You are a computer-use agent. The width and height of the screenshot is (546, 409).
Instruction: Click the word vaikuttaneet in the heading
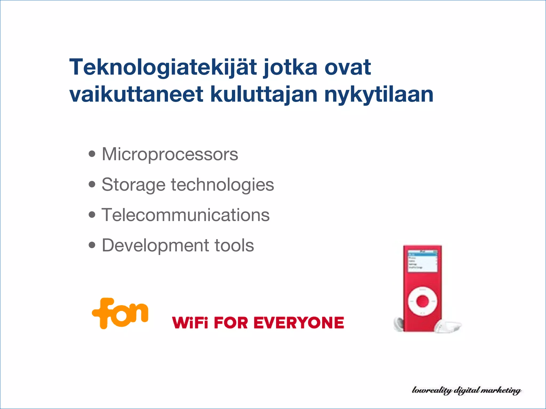click(136, 94)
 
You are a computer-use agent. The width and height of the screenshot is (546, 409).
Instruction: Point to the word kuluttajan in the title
click(264, 94)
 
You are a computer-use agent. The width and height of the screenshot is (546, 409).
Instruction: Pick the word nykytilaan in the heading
click(379, 94)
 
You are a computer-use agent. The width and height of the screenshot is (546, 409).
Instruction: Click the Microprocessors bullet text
click(170, 154)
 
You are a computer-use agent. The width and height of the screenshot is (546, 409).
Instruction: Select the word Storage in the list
click(134, 185)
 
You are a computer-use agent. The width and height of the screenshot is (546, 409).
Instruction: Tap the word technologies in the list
click(222, 185)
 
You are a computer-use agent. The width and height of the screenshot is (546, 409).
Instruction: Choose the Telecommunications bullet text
click(186, 215)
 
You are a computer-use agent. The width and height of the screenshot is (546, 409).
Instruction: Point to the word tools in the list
click(234, 245)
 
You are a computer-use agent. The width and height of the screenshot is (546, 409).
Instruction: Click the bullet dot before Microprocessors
click(92, 154)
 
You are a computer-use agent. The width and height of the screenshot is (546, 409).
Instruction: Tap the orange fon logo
click(120, 313)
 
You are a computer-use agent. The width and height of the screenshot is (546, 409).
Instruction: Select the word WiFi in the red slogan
click(190, 323)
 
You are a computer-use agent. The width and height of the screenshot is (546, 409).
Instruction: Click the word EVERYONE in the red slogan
click(299, 323)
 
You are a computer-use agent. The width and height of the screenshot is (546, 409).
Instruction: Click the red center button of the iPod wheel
click(423, 301)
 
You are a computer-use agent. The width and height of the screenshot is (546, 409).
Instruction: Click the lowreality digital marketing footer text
click(467, 390)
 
